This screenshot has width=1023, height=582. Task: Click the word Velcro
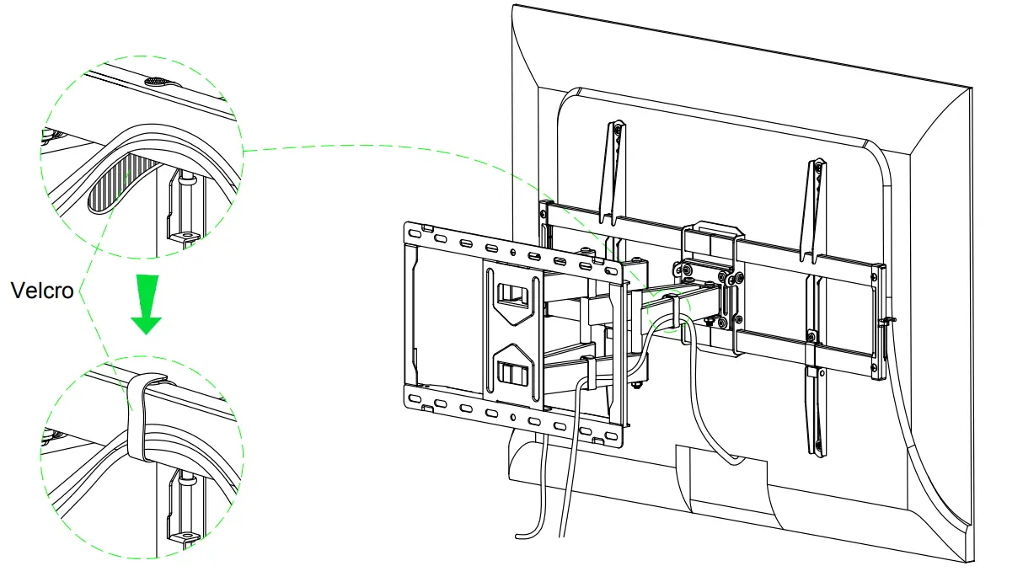[x=42, y=291]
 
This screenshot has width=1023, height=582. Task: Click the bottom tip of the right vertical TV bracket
[x=817, y=450]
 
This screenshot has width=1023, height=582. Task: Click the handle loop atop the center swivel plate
[x=713, y=230]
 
